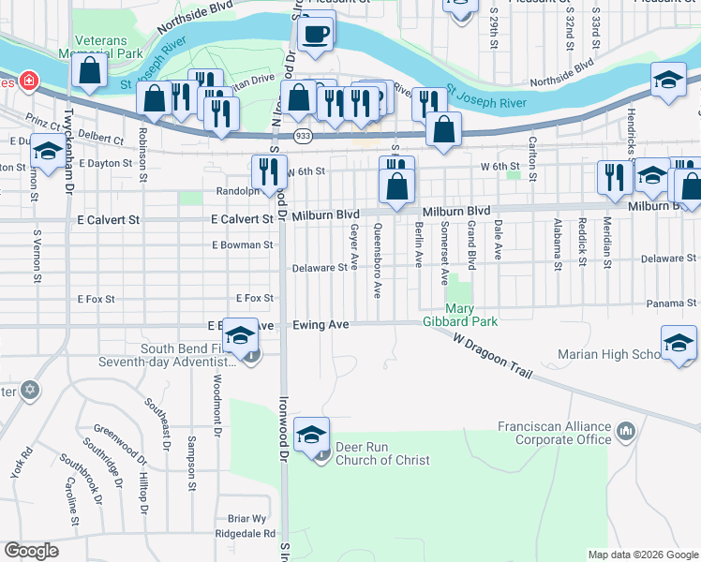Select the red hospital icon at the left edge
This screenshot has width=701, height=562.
tap(29, 81)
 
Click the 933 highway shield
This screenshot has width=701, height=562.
tap(303, 136)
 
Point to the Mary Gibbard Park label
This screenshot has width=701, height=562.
tap(471, 314)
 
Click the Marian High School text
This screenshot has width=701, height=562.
tap(610, 354)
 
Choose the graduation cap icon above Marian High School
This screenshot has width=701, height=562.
tap(679, 343)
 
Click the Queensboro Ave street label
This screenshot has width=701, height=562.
tap(378, 259)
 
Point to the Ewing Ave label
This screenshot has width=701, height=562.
tap(321, 324)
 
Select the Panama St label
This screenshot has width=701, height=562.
tap(674, 303)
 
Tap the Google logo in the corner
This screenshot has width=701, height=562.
tap(31, 550)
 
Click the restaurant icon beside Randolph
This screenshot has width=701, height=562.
tap(269, 170)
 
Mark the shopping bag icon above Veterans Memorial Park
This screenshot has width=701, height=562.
tap(88, 71)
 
